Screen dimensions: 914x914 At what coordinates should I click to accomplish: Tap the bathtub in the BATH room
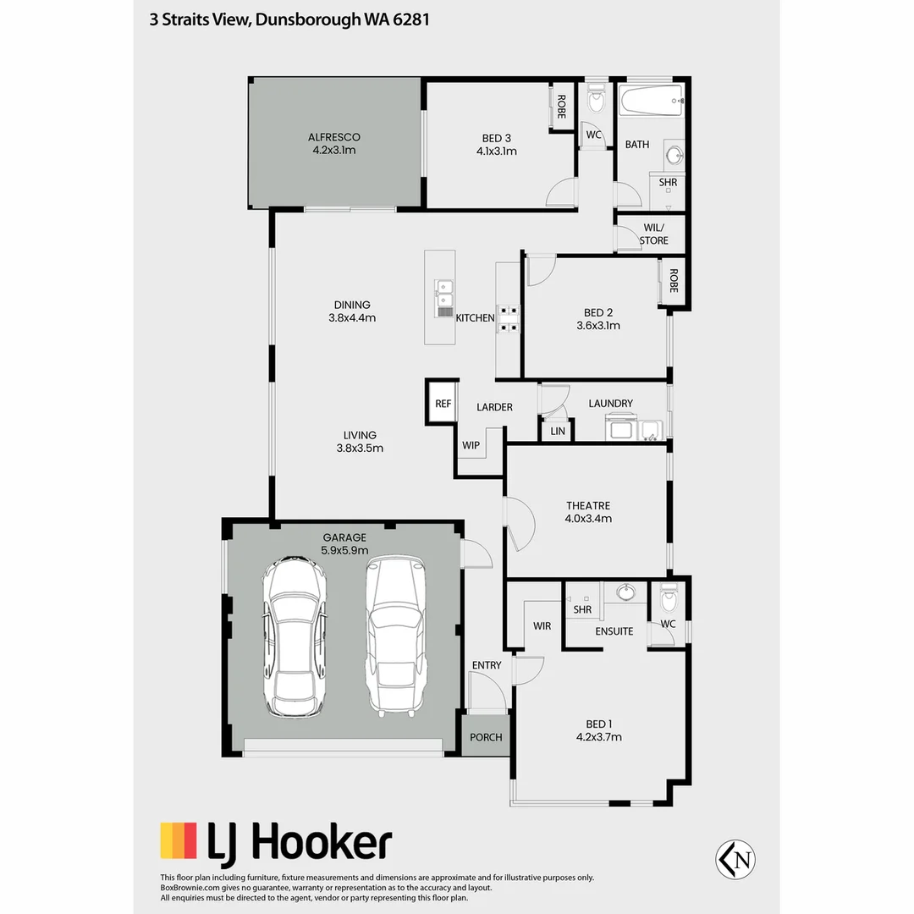652,102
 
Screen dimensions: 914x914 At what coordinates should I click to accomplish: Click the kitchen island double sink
443,295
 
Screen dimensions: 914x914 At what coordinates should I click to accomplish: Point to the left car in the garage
295,636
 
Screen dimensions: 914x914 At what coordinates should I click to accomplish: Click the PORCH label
486,737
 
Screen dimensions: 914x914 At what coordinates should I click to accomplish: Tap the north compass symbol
735,859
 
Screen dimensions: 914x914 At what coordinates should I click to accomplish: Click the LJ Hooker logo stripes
179,841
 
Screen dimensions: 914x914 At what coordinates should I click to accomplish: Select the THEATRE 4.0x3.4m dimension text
589,519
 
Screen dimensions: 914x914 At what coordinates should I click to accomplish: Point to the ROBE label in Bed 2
674,281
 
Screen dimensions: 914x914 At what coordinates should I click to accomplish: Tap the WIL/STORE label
653,234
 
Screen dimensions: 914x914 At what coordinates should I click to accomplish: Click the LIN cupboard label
557,432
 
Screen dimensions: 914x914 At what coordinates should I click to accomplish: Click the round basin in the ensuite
625,591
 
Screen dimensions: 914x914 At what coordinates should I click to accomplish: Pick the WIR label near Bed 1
542,626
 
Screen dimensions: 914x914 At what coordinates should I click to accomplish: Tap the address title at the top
289,19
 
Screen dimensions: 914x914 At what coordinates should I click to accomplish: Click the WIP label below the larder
471,445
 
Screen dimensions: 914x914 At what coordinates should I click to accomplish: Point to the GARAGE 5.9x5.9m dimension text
344,549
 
